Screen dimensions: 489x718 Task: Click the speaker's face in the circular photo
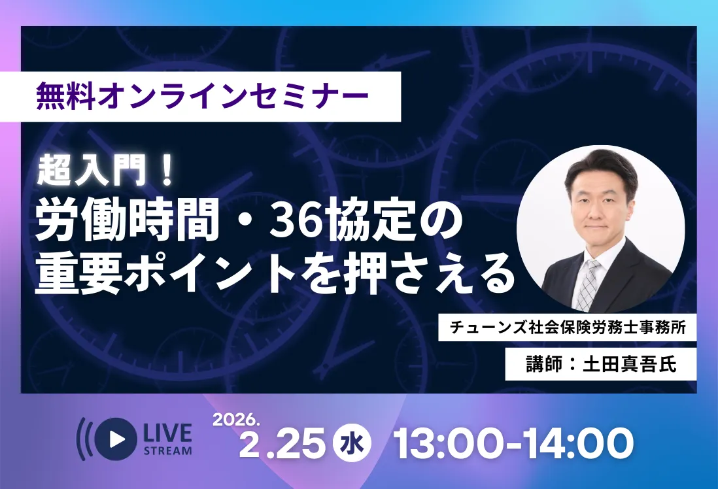pyautogui.click(x=600, y=203)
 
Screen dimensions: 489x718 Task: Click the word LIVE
pyautogui.click(x=167, y=432)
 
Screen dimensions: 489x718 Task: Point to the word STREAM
pyautogui.click(x=167, y=450)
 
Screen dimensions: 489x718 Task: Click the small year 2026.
pyautogui.click(x=237, y=419)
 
